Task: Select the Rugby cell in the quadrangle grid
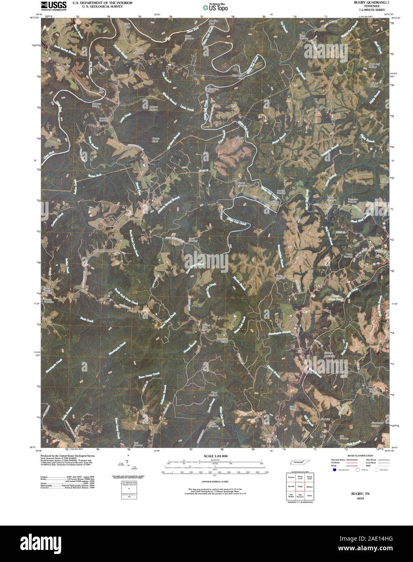pyautogui.click(x=300, y=488)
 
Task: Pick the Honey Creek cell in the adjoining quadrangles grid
pyautogui.click(x=300, y=477)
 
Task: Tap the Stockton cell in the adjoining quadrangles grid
pyautogui.click(x=291, y=477)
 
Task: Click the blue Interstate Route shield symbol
pyautogui.click(x=334, y=470)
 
